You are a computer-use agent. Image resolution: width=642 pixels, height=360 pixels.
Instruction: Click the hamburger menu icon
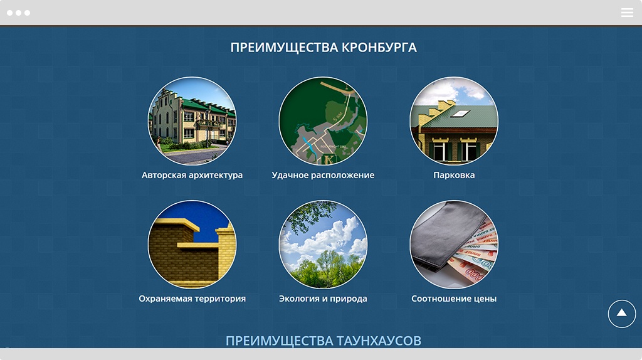pyautogui.click(x=627, y=13)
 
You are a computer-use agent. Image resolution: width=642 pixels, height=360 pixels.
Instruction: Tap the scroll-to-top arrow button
pyautogui.click(x=621, y=314)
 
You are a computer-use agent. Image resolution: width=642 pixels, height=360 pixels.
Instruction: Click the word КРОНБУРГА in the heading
pyautogui.click(x=379, y=48)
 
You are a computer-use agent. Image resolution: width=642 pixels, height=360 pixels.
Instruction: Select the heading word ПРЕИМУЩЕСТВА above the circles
pyautogui.click(x=284, y=48)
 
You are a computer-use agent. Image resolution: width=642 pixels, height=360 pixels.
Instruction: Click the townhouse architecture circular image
pyautogui.click(x=192, y=121)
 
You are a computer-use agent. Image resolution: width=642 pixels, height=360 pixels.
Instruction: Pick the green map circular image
pyautogui.click(x=323, y=121)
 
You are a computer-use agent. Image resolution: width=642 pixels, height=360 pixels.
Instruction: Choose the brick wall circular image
pyautogui.click(x=192, y=245)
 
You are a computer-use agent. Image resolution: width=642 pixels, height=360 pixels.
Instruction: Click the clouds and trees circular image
pyautogui.click(x=323, y=245)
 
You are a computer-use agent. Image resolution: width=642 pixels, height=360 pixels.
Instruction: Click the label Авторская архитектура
pyautogui.click(x=192, y=175)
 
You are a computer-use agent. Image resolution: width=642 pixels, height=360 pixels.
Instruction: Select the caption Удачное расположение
pyautogui.click(x=323, y=175)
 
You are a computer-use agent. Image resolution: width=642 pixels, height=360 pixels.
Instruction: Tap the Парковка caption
pyautogui.click(x=454, y=175)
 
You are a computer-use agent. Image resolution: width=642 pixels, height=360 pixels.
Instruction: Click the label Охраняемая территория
pyautogui.click(x=192, y=299)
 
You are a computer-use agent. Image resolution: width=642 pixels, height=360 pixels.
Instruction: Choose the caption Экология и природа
pyautogui.click(x=323, y=299)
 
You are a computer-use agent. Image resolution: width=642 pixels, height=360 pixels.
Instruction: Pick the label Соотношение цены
pyautogui.click(x=454, y=299)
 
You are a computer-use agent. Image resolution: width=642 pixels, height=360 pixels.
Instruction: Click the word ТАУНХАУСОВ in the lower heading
pyautogui.click(x=379, y=341)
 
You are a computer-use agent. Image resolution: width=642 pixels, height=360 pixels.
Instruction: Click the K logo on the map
pyautogui.click(x=329, y=159)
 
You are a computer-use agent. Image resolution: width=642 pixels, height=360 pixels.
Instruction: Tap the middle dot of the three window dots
pyautogui.click(x=18, y=13)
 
